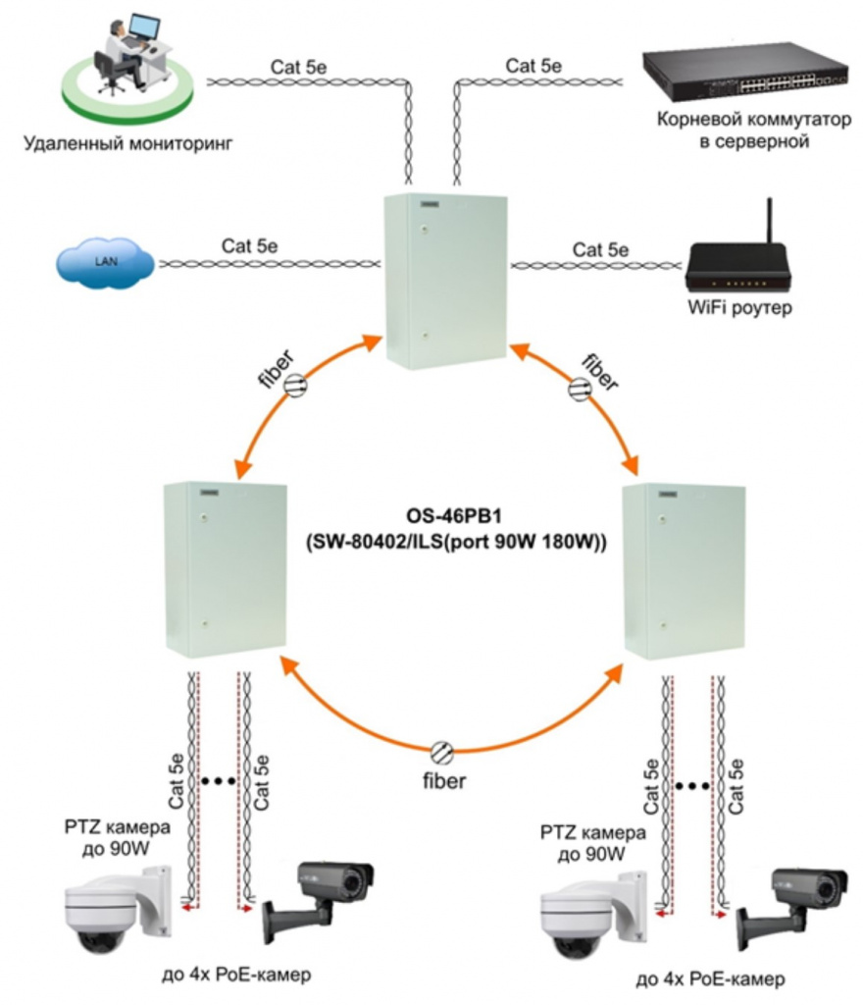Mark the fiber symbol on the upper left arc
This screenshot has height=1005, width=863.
pyautogui.click(x=295, y=389)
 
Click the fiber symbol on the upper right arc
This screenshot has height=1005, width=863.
pyautogui.click(x=577, y=390)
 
